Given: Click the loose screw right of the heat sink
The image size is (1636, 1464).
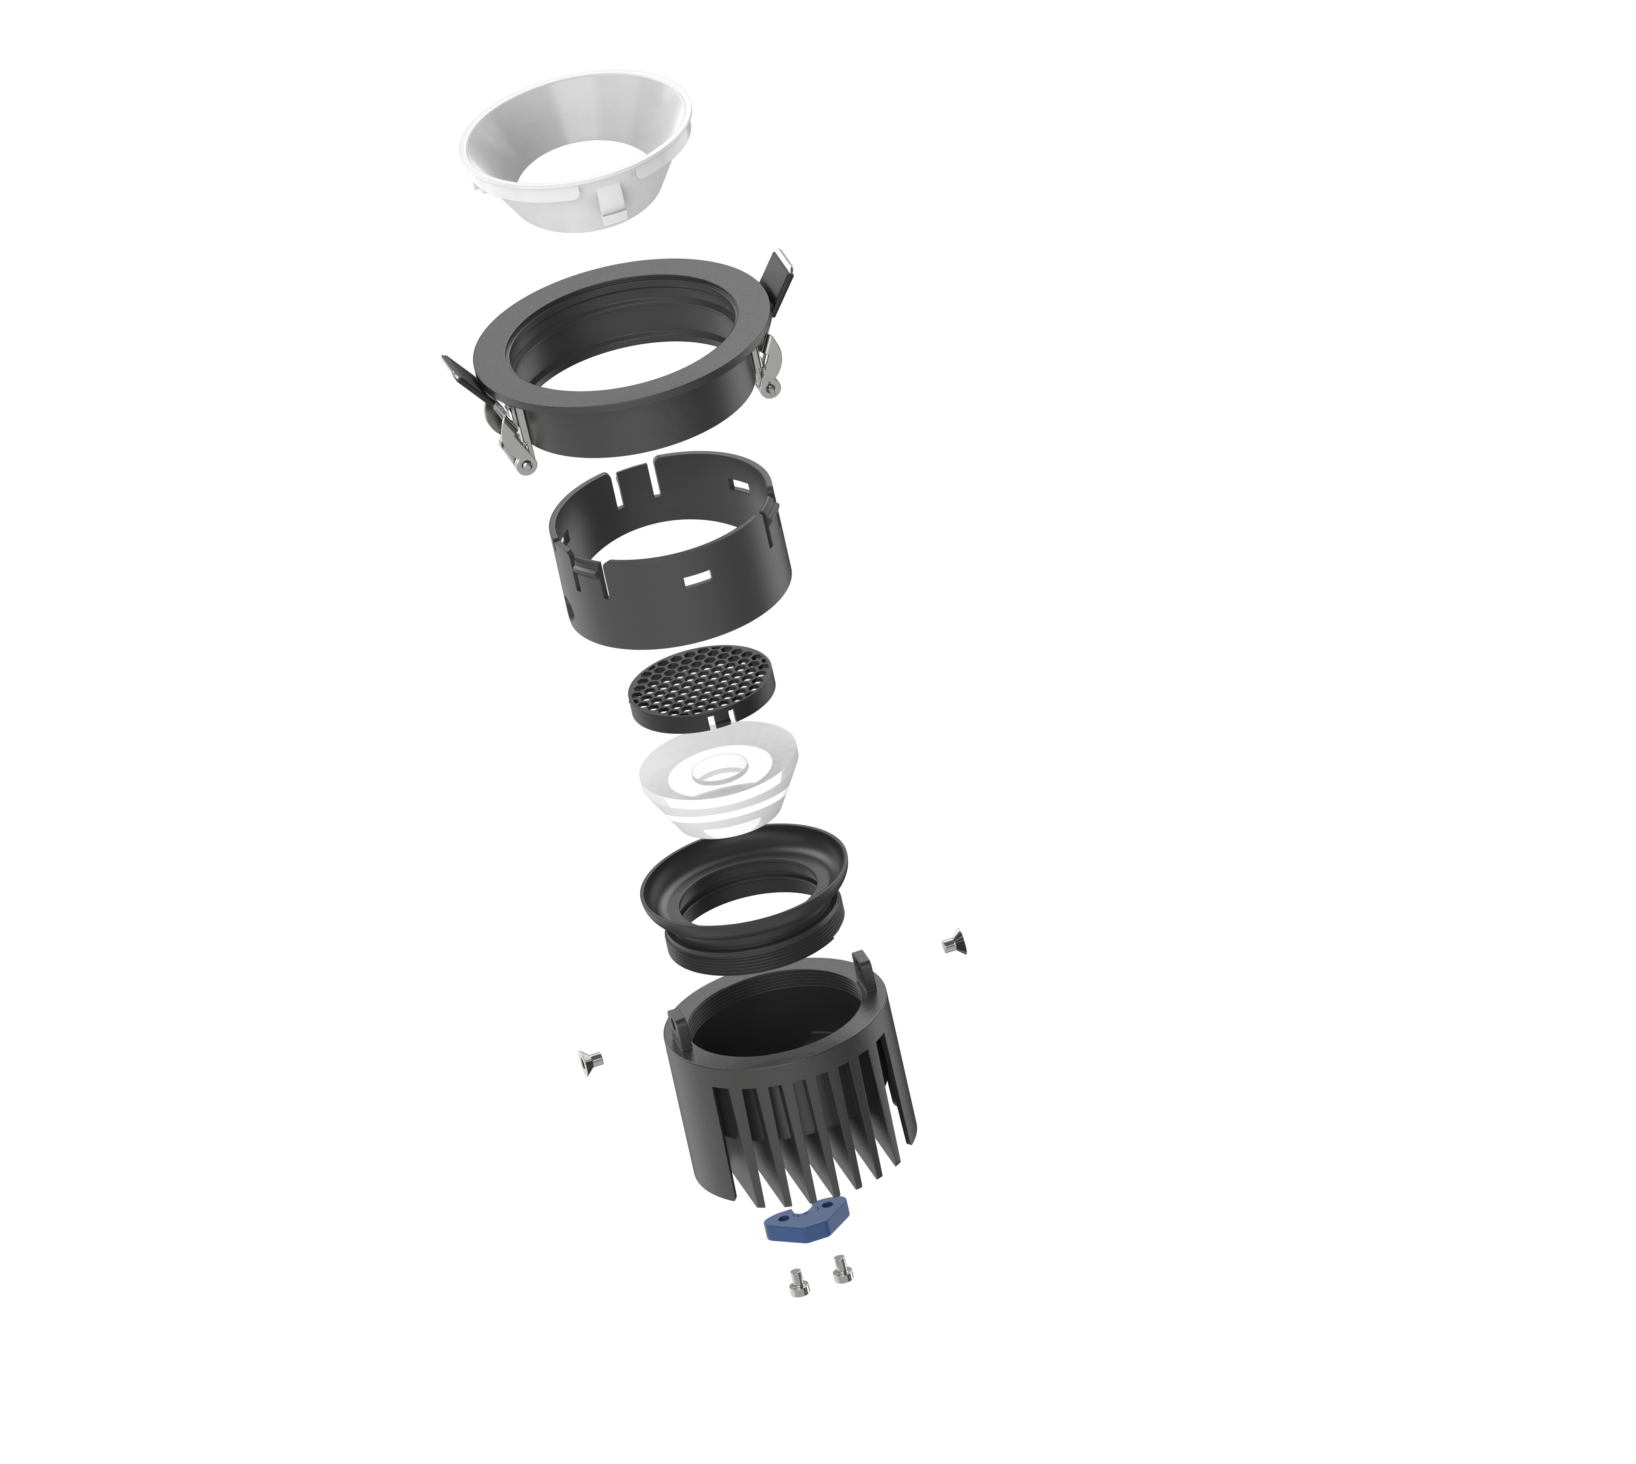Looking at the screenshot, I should point(954,942).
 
